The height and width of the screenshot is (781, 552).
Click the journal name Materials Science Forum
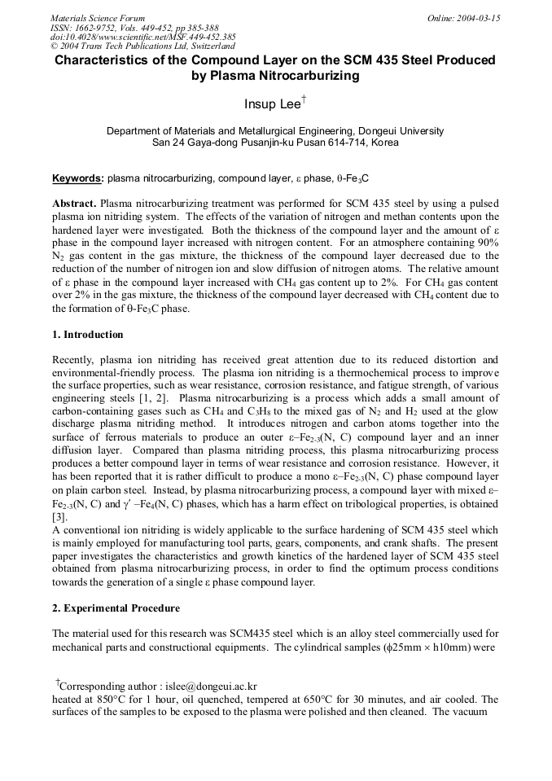tap(98, 18)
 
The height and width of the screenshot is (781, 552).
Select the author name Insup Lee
tap(272, 104)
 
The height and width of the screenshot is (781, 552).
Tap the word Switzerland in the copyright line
tap(208, 46)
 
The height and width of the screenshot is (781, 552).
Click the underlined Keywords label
tap(77, 178)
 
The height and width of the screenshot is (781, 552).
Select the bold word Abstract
tap(75, 203)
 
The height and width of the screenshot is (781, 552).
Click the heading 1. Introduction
tap(88, 335)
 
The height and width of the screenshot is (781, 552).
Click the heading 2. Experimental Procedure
tap(116, 608)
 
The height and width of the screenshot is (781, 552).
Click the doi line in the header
tap(143, 37)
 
